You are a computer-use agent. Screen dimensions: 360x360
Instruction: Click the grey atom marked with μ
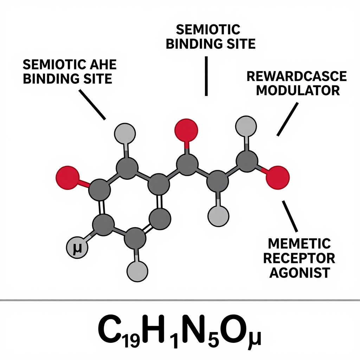click(x=77, y=247)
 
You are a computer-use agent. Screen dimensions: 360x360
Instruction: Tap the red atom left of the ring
click(x=67, y=178)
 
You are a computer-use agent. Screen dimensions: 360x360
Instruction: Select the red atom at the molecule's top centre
click(x=186, y=130)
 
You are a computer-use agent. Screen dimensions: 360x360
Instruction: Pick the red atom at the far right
click(x=278, y=178)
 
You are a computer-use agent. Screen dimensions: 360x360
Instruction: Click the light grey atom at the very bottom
click(x=137, y=271)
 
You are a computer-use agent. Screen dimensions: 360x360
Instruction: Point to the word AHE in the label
click(x=103, y=65)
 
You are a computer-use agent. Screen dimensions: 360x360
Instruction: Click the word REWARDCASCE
click(x=296, y=76)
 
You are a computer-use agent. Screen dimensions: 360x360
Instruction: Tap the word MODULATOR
click(x=298, y=90)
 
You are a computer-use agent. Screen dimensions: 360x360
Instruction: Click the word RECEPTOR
click(x=299, y=258)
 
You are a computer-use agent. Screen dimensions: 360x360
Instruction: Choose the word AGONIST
click(x=300, y=272)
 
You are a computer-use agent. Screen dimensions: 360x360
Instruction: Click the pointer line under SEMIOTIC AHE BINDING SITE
click(x=92, y=105)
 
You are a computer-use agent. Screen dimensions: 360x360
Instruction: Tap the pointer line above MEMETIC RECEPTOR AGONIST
click(x=290, y=216)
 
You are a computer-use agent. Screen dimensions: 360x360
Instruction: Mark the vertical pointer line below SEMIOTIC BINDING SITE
click(x=206, y=76)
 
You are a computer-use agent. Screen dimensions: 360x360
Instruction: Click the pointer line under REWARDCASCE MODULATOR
click(x=288, y=119)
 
